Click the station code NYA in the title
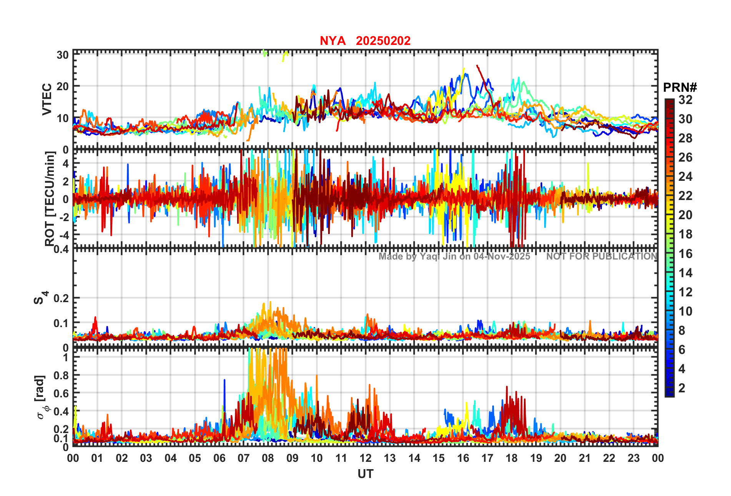click(332, 41)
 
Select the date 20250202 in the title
click(383, 41)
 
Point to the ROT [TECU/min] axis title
click(50, 198)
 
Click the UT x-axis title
click(365, 474)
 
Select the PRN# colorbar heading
click(680, 88)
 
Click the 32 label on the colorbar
click(685, 100)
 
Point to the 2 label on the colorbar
click(682, 388)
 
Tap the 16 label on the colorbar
click(685, 254)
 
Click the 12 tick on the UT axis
click(365, 458)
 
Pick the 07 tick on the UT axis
click(244, 458)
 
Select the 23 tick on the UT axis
click(633, 458)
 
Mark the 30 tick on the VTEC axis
click(63, 55)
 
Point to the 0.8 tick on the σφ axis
click(60, 375)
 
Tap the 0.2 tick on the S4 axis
click(61, 298)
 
